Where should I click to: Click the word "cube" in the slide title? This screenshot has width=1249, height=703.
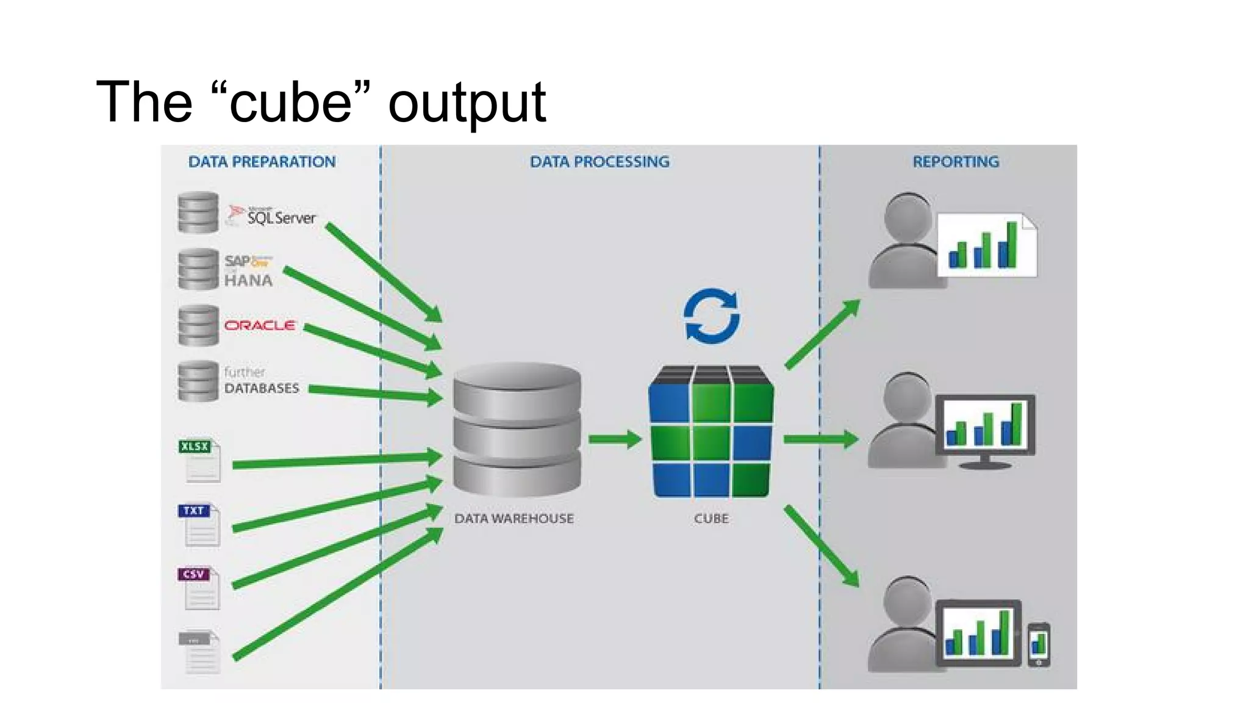tap(291, 102)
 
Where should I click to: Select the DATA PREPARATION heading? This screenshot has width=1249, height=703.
tap(262, 162)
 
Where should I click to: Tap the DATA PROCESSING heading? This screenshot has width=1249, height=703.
tap(599, 162)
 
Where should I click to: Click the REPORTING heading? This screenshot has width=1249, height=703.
tap(955, 162)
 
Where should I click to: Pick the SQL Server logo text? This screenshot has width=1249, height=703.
tap(281, 217)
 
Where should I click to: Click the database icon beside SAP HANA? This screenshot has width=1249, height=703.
tap(198, 269)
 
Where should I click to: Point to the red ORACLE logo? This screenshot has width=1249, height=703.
tap(260, 325)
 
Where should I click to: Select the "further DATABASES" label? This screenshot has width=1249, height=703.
tap(261, 381)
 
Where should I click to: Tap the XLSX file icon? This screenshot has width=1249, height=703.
tap(199, 461)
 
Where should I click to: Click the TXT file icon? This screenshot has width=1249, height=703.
tap(199, 525)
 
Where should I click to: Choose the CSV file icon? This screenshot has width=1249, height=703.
tap(199, 588)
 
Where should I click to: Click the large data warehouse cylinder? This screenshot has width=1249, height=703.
tap(517, 430)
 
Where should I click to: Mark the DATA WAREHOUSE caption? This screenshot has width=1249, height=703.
tap(514, 519)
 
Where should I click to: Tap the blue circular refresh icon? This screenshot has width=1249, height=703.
tap(711, 316)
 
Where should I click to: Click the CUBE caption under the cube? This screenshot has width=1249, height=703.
tap(711, 519)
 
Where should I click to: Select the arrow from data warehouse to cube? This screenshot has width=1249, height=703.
tap(614, 439)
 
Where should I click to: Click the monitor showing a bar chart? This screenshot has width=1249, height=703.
tap(984, 427)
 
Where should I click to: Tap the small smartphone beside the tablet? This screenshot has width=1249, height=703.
tap(1039, 644)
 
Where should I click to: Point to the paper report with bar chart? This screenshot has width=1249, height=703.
tap(986, 245)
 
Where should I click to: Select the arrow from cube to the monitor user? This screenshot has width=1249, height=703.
tap(820, 439)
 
